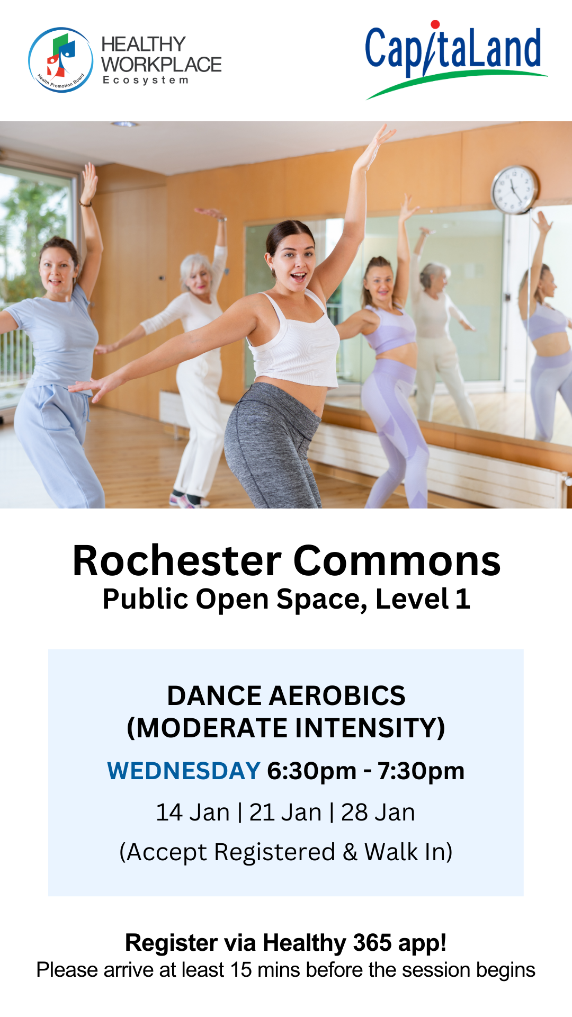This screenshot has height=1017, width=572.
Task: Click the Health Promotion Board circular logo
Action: click(61, 60)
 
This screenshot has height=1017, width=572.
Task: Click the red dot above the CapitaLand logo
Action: click(435, 24)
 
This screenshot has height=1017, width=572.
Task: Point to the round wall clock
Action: click(514, 190)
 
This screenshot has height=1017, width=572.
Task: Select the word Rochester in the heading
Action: click(177, 561)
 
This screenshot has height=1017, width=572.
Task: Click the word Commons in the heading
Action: click(397, 561)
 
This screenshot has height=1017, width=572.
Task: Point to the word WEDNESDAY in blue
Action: click(184, 771)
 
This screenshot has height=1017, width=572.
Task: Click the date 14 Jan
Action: click(193, 813)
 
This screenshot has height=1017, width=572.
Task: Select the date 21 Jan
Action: click(285, 813)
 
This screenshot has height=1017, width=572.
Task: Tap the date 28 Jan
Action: click(378, 813)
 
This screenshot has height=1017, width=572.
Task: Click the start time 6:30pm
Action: click(312, 772)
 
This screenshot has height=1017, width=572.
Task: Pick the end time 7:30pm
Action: click(421, 772)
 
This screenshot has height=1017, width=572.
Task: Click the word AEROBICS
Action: click(337, 695)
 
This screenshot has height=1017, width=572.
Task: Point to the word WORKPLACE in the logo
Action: click(162, 65)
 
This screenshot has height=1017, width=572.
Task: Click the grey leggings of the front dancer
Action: click(273, 445)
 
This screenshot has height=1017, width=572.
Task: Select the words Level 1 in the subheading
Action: click(423, 599)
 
